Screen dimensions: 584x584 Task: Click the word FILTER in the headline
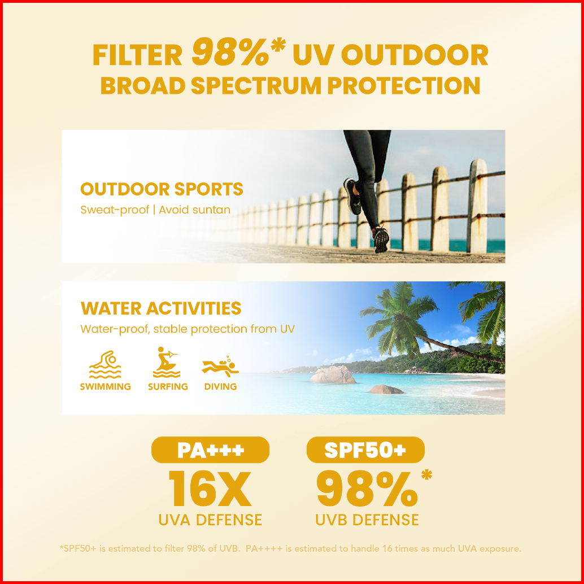pyautogui.click(x=137, y=55)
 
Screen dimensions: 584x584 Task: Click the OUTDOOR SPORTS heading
pyautogui.click(x=162, y=189)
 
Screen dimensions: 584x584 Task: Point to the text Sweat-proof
pyautogui.click(x=115, y=210)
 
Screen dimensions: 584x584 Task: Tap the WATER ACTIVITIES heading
pyautogui.click(x=161, y=308)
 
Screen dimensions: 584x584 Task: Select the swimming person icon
pyautogui.click(x=106, y=364)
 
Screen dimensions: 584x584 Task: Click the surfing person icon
pyautogui.click(x=166, y=363)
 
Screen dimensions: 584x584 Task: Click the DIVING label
pyautogui.click(x=220, y=386)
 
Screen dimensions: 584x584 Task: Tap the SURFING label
pyautogui.click(x=168, y=386)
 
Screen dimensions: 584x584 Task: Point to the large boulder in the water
pyautogui.click(x=333, y=374)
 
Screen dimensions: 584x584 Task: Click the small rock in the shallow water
pyautogui.click(x=386, y=389)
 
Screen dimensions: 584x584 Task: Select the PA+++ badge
pyautogui.click(x=210, y=450)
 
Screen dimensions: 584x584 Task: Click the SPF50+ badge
pyautogui.click(x=365, y=450)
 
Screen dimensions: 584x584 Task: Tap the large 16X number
pyautogui.click(x=210, y=489)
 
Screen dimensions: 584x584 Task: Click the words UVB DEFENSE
pyautogui.click(x=367, y=520)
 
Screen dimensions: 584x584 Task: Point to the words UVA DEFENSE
pyautogui.click(x=210, y=520)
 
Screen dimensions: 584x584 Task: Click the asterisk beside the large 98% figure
pyautogui.click(x=427, y=476)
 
